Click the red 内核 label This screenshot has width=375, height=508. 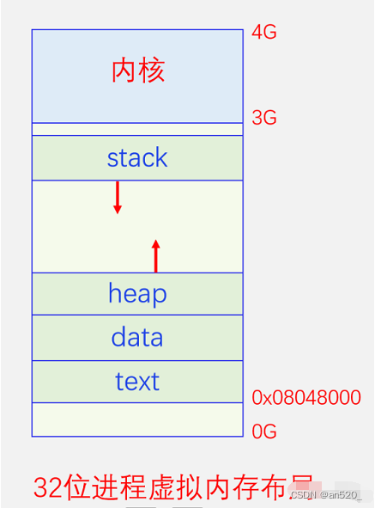click(137, 71)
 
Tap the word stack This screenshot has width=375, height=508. click(137, 158)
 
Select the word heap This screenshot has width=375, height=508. click(137, 294)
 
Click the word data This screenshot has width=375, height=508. click(137, 337)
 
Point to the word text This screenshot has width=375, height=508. click(137, 381)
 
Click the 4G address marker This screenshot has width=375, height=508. click(264, 33)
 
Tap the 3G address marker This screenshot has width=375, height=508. click(264, 119)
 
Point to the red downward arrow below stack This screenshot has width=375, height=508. click(118, 197)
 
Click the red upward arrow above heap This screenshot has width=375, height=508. click(155, 256)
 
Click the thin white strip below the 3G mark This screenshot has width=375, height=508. click(137, 129)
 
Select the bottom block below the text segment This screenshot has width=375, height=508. click(137, 419)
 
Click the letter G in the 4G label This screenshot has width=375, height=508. click(270, 33)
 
